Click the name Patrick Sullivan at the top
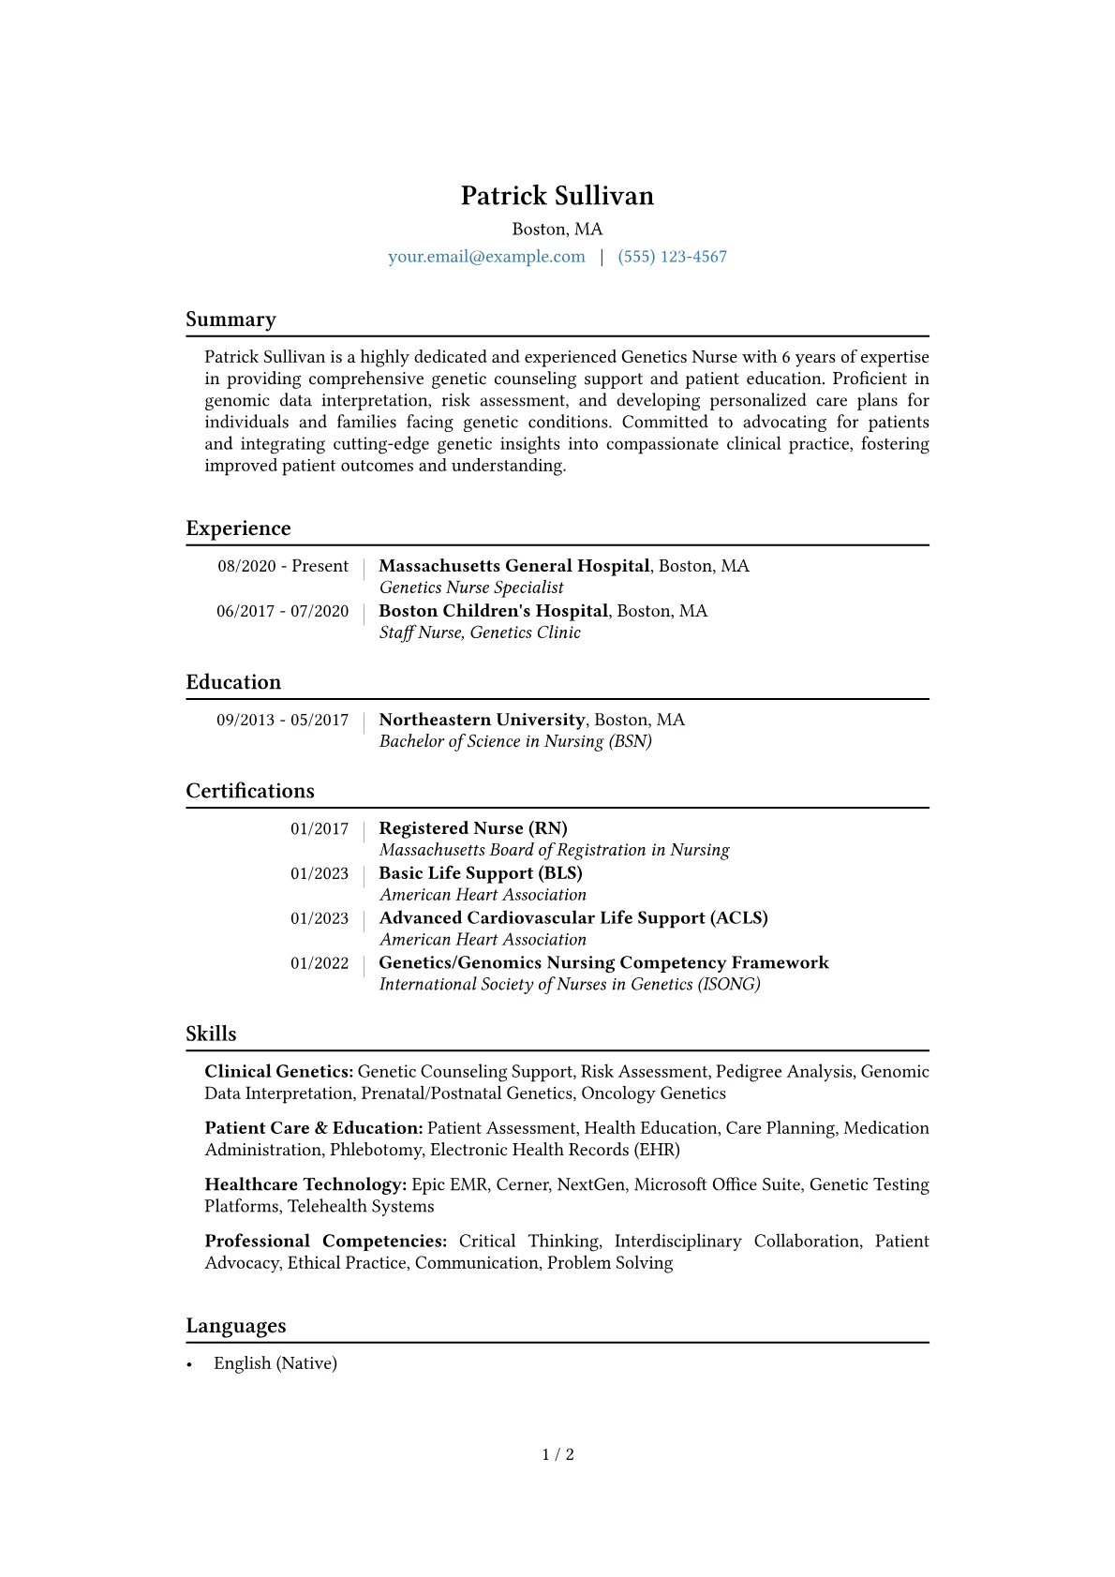click(557, 196)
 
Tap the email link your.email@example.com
click(486, 257)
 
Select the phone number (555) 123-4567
click(672, 257)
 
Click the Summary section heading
click(230, 320)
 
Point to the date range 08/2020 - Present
click(283, 566)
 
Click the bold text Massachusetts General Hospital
click(513, 566)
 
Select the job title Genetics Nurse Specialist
click(471, 588)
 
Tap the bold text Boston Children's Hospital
click(493, 611)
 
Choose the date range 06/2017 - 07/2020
click(282, 611)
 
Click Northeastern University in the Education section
click(482, 720)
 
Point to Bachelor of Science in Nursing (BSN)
click(515, 741)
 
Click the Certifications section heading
click(250, 791)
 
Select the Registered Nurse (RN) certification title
click(472, 828)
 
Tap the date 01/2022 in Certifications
click(319, 963)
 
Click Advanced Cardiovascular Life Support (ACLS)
click(572, 918)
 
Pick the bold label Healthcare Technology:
click(305, 1184)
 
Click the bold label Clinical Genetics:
click(278, 1071)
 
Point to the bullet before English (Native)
click(189, 1364)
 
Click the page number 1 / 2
click(557, 1454)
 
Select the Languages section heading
click(236, 1326)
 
